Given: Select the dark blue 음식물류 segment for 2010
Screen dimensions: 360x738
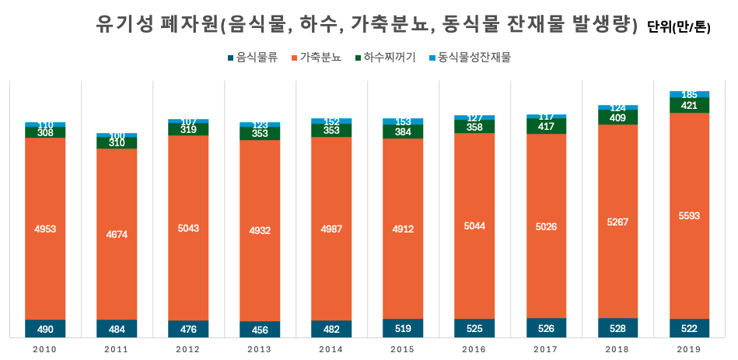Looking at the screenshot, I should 45,329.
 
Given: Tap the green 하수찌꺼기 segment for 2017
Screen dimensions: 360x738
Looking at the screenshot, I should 546,126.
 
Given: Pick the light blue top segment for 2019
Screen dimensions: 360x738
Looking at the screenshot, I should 689,94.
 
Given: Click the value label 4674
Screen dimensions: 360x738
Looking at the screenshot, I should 117,233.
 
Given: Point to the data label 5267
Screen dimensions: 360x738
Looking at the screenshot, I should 617,222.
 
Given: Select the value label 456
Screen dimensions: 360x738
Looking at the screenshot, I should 260,330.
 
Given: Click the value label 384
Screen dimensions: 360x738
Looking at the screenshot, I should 403,131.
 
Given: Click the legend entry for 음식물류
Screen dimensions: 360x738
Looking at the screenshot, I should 252,58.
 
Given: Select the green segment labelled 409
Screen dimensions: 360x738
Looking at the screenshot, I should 617,117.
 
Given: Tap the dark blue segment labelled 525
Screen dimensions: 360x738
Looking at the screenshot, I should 474,328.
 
